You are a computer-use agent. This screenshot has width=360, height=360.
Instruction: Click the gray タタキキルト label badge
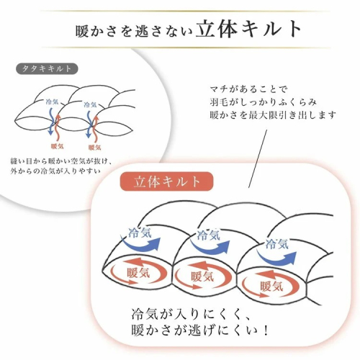pos(47,69)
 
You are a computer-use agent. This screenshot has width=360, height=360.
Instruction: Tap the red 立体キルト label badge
pos(166,181)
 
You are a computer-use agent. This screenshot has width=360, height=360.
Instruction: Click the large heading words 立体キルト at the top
pos(248,29)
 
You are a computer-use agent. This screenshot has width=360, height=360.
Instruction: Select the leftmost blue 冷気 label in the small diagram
pos(52,102)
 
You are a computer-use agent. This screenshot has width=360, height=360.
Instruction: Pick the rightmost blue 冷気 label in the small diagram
pos(90,104)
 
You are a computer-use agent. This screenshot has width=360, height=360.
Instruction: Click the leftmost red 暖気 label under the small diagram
pos(57,146)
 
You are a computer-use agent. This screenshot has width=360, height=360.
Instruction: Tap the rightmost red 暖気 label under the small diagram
pos(94,148)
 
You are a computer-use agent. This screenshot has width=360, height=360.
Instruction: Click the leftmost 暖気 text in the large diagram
pos(138,273)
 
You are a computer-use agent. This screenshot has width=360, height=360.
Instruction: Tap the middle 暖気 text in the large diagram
pos(202,276)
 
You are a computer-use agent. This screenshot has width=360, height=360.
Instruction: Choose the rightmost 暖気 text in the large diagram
pos(271,287)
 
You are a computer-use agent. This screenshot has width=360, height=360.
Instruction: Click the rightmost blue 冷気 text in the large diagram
pos(276,244)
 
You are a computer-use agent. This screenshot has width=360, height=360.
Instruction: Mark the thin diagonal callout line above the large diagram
pos(258,158)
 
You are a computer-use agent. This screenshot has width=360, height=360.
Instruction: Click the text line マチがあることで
pos(248,89)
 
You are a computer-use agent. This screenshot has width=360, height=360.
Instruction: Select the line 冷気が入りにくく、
pos(192,314)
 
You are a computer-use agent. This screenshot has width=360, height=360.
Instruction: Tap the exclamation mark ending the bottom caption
pos(265,330)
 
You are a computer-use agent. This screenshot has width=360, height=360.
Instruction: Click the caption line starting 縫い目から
pos(61,161)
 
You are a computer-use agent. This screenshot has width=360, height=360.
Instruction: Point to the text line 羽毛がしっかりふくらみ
pos(264,102)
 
